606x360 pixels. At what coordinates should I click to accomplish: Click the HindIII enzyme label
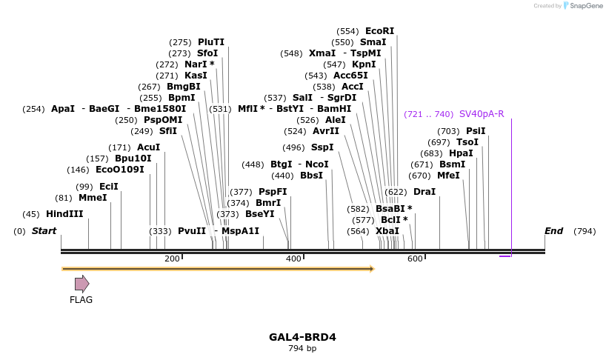(64, 214)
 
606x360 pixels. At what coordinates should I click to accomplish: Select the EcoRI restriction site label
(379, 31)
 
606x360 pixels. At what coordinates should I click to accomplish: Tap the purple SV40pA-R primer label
(482, 114)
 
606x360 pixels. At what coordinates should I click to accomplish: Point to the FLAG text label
(81, 300)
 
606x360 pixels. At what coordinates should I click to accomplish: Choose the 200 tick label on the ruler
(172, 259)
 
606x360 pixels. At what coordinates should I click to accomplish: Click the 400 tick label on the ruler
(293, 259)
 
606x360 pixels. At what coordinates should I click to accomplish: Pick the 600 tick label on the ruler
(415, 259)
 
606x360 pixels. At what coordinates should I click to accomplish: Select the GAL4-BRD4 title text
(302, 337)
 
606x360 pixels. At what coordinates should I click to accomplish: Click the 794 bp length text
(302, 348)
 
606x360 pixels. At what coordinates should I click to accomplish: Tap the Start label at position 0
(44, 231)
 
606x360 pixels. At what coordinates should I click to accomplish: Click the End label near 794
(554, 231)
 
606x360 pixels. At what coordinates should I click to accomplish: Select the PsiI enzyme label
(476, 131)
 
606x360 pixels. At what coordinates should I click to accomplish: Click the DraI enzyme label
(424, 192)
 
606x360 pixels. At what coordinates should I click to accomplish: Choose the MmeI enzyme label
(93, 198)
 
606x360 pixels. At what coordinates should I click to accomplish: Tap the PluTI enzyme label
(211, 42)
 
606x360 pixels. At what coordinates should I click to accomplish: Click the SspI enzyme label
(322, 147)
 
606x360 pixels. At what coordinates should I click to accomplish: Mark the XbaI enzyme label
(387, 231)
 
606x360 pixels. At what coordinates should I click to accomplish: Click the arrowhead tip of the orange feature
(373, 269)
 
